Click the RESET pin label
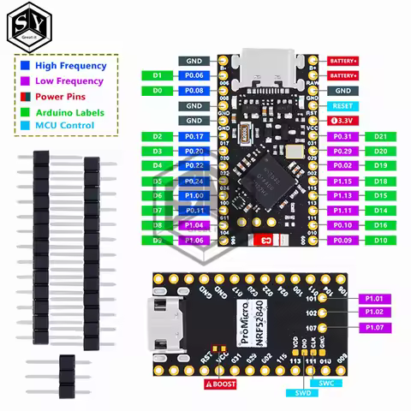pyautogui.click(x=342, y=105)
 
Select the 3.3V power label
pyautogui.click(x=342, y=121)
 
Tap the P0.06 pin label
pyautogui.click(x=194, y=75)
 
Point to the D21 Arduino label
pyautogui.click(x=381, y=136)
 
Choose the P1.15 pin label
pyautogui.click(x=342, y=181)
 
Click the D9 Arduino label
pyautogui.click(x=157, y=241)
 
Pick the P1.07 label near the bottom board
pyautogui.click(x=373, y=328)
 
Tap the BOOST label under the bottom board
pyautogui.click(x=221, y=385)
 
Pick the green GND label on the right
pyautogui.click(x=342, y=90)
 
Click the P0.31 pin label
pyautogui.click(x=342, y=136)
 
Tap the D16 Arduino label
pyautogui.click(x=381, y=225)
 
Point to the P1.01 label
pyautogui.click(x=373, y=298)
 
